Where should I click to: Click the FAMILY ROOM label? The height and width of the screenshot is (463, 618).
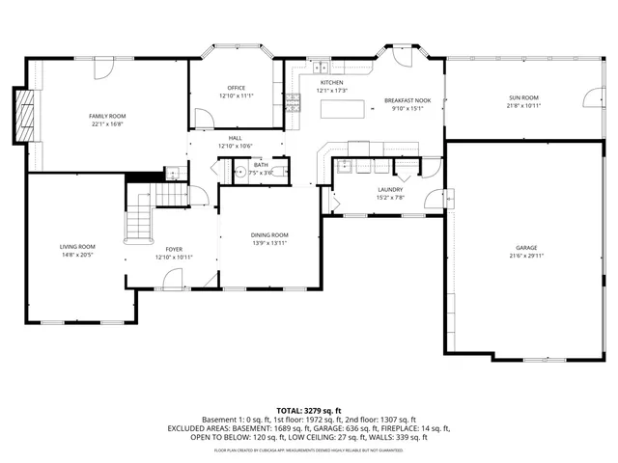click(108, 116)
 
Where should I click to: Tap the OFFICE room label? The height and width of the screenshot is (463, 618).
click(236, 88)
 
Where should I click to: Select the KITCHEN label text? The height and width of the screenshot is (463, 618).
click(332, 83)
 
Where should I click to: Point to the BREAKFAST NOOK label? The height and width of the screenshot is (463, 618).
click(407, 100)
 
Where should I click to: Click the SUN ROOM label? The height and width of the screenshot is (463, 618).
click(523, 97)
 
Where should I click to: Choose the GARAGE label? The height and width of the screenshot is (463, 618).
click(525, 248)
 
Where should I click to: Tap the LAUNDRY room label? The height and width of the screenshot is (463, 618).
click(389, 190)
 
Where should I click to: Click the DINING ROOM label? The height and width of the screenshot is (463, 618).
click(269, 235)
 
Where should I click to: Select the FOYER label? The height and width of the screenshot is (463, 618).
click(174, 249)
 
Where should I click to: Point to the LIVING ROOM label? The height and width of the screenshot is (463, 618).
click(77, 247)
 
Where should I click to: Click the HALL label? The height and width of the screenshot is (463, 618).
click(235, 138)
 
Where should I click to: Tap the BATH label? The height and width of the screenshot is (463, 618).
click(261, 165)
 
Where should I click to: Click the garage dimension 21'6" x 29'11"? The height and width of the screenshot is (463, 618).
click(525, 256)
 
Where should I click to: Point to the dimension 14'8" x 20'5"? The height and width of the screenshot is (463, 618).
click(77, 255)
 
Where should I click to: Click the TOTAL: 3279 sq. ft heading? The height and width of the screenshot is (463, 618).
click(309, 410)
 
